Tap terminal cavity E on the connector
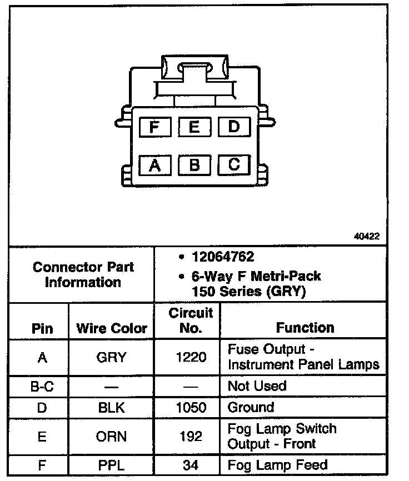click(x=194, y=127)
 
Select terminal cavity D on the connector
click(x=234, y=127)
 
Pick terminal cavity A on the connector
click(x=155, y=164)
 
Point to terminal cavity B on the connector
click(x=194, y=164)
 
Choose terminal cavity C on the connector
click(x=234, y=164)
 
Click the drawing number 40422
click(x=367, y=236)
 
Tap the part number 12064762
click(x=223, y=257)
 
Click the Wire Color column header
click(x=112, y=328)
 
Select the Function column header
click(x=305, y=328)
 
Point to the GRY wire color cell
click(x=112, y=357)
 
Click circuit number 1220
click(x=191, y=357)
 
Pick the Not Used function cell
click(x=257, y=385)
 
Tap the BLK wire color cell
click(x=112, y=408)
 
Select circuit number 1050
click(x=191, y=408)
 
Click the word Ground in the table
click(x=251, y=408)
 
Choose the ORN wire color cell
click(x=112, y=436)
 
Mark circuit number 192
click(x=191, y=436)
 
